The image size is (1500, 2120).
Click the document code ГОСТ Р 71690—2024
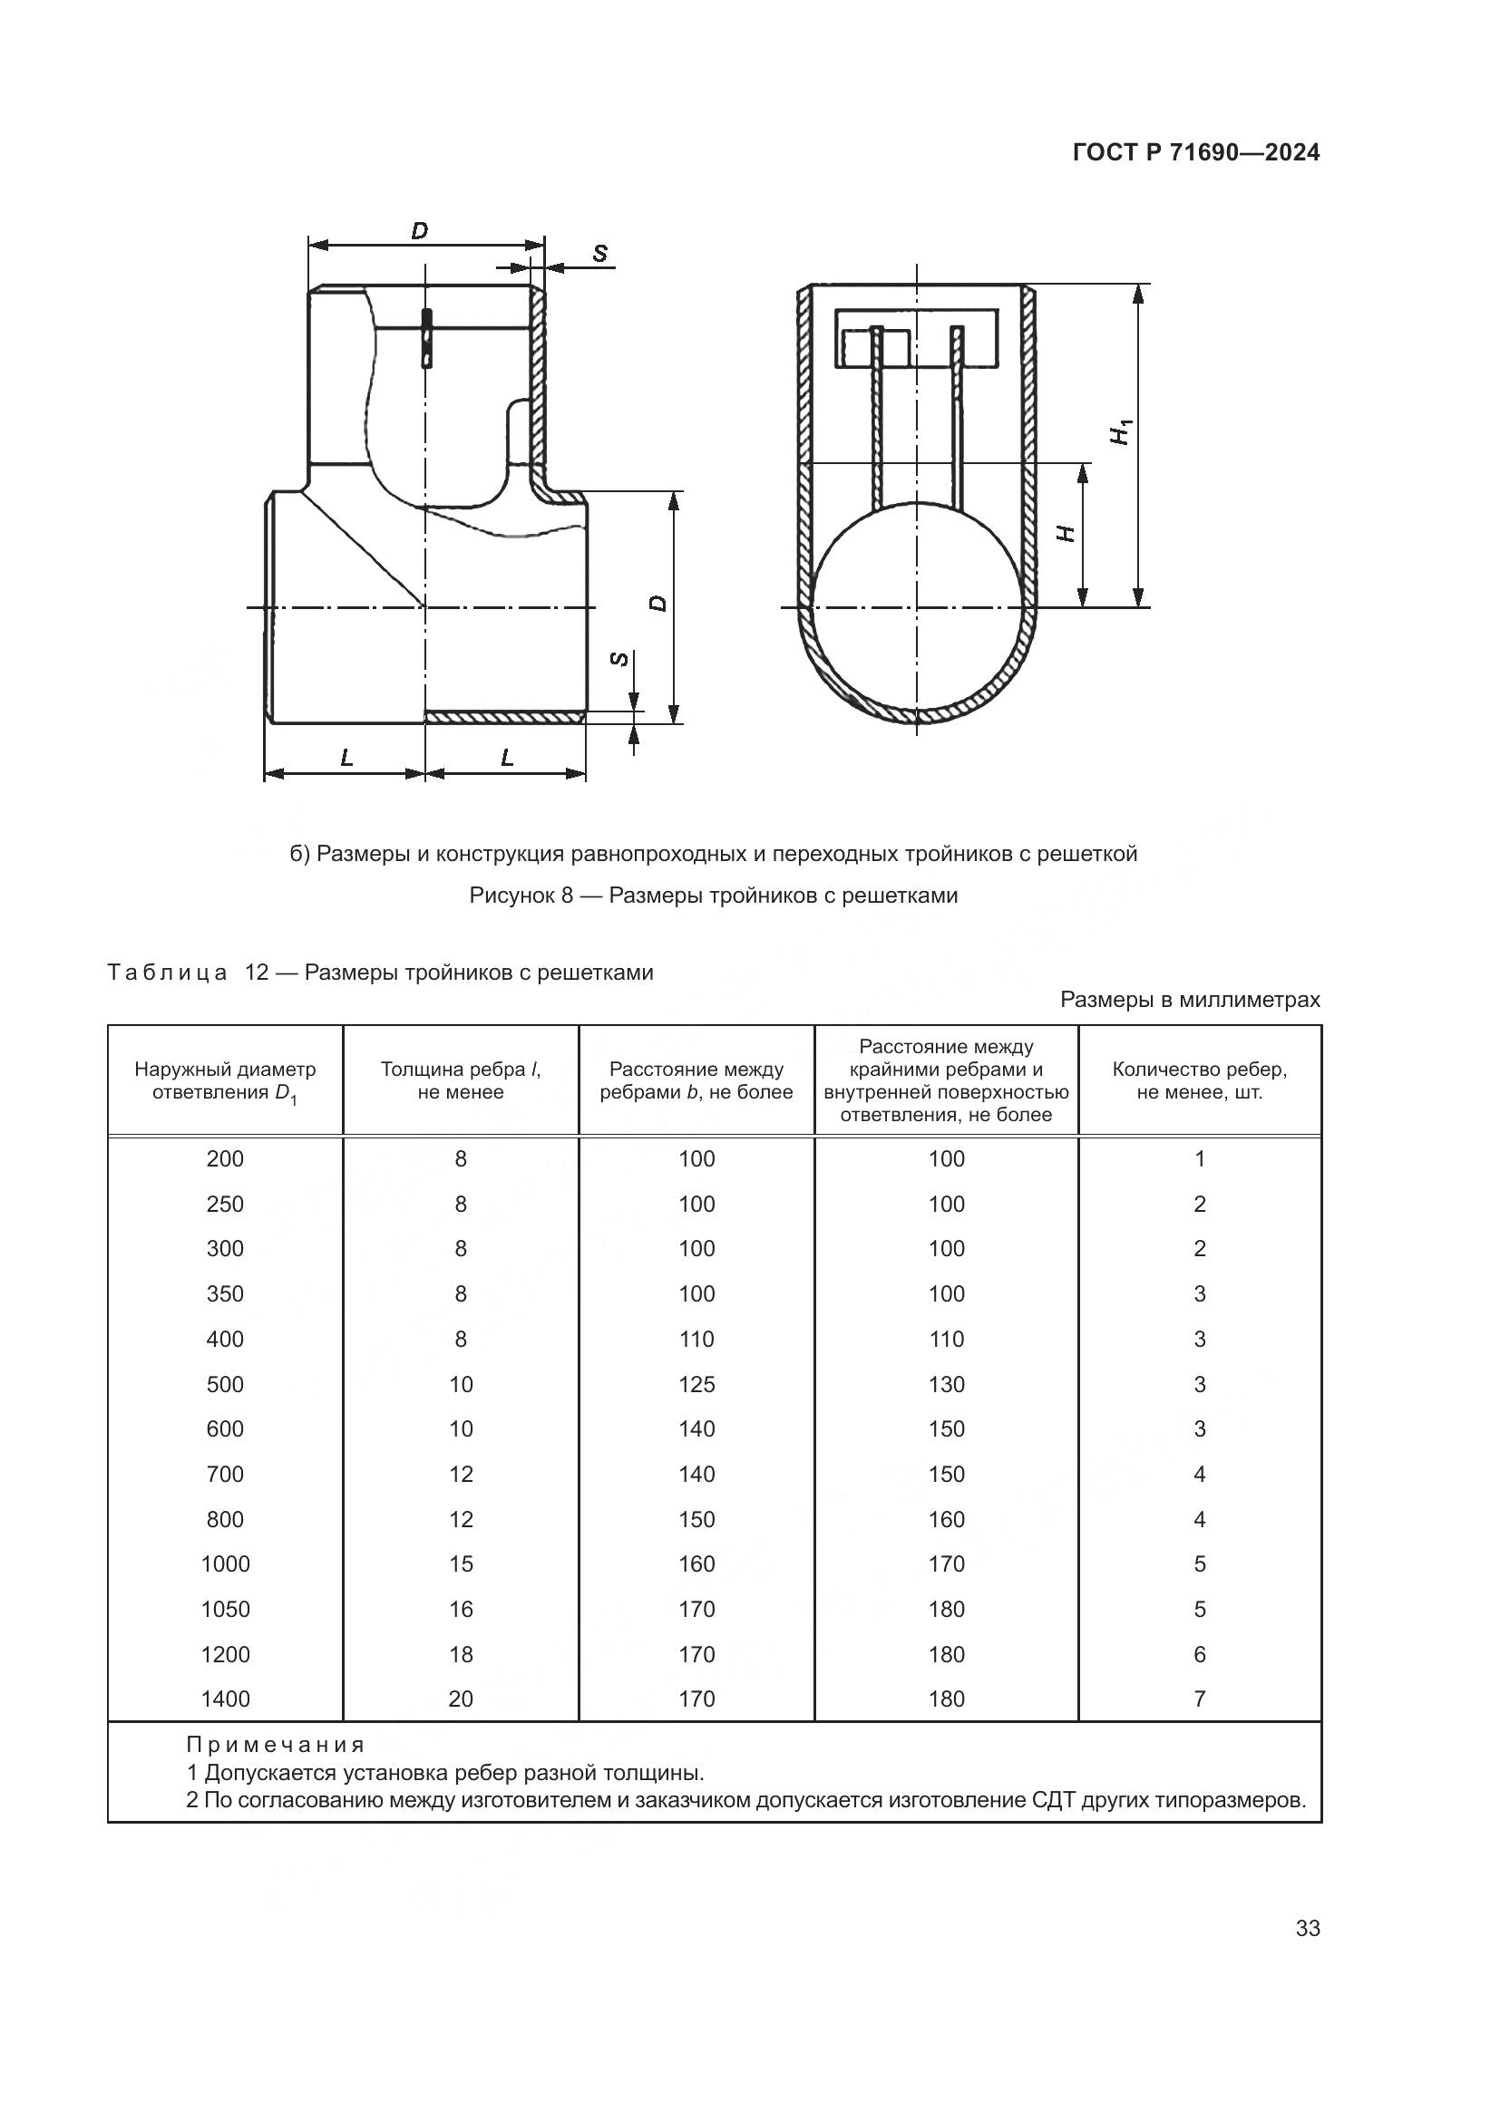click(1196, 153)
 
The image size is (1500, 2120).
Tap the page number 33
click(1308, 1929)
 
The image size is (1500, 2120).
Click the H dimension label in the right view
click(1066, 534)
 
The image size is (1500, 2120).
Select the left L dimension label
click(346, 758)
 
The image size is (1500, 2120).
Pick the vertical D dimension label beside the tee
click(657, 602)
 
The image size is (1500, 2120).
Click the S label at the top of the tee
click(600, 252)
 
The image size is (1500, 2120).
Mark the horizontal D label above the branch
click(419, 230)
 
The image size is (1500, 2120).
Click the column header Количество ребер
click(1199, 1080)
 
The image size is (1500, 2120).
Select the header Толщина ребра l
click(460, 1080)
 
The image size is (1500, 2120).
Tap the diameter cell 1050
click(226, 1610)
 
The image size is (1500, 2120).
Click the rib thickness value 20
click(460, 1699)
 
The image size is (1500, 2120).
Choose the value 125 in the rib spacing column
click(696, 1384)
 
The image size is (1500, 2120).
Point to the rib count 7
click(1199, 1699)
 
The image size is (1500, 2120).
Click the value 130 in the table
click(946, 1384)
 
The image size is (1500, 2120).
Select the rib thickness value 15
click(460, 1564)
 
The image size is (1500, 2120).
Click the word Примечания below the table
click(276, 1745)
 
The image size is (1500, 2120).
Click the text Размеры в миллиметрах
click(1190, 999)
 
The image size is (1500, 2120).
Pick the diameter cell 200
click(226, 1159)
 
